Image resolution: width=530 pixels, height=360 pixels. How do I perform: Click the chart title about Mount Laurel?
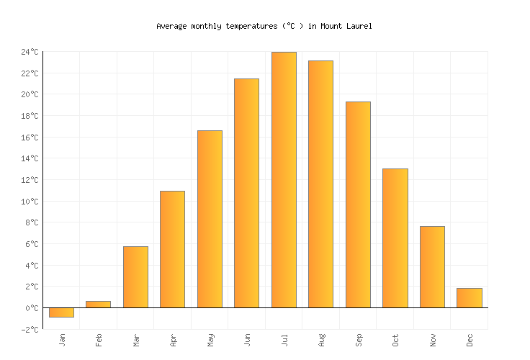tap(264, 26)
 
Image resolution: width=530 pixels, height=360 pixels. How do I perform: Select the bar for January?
tap(61, 312)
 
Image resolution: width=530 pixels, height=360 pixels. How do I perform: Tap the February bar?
tap(98, 305)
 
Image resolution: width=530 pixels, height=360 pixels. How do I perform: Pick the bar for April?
tap(172, 249)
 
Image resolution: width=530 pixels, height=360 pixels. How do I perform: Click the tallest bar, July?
tap(284, 180)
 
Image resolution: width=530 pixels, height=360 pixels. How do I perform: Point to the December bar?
tap(470, 298)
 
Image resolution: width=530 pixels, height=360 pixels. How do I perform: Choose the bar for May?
tap(210, 219)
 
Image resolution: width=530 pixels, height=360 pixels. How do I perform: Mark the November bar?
tap(432, 267)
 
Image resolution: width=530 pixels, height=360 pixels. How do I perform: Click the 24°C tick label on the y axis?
tap(30, 52)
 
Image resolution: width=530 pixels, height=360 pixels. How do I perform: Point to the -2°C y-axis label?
tap(30, 330)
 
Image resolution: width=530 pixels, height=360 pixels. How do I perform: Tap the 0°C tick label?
tap(32, 308)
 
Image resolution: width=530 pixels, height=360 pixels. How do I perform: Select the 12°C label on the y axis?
tap(30, 180)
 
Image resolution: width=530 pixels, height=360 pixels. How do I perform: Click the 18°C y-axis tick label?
tap(30, 116)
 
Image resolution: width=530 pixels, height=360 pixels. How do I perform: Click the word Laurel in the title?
tap(359, 26)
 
